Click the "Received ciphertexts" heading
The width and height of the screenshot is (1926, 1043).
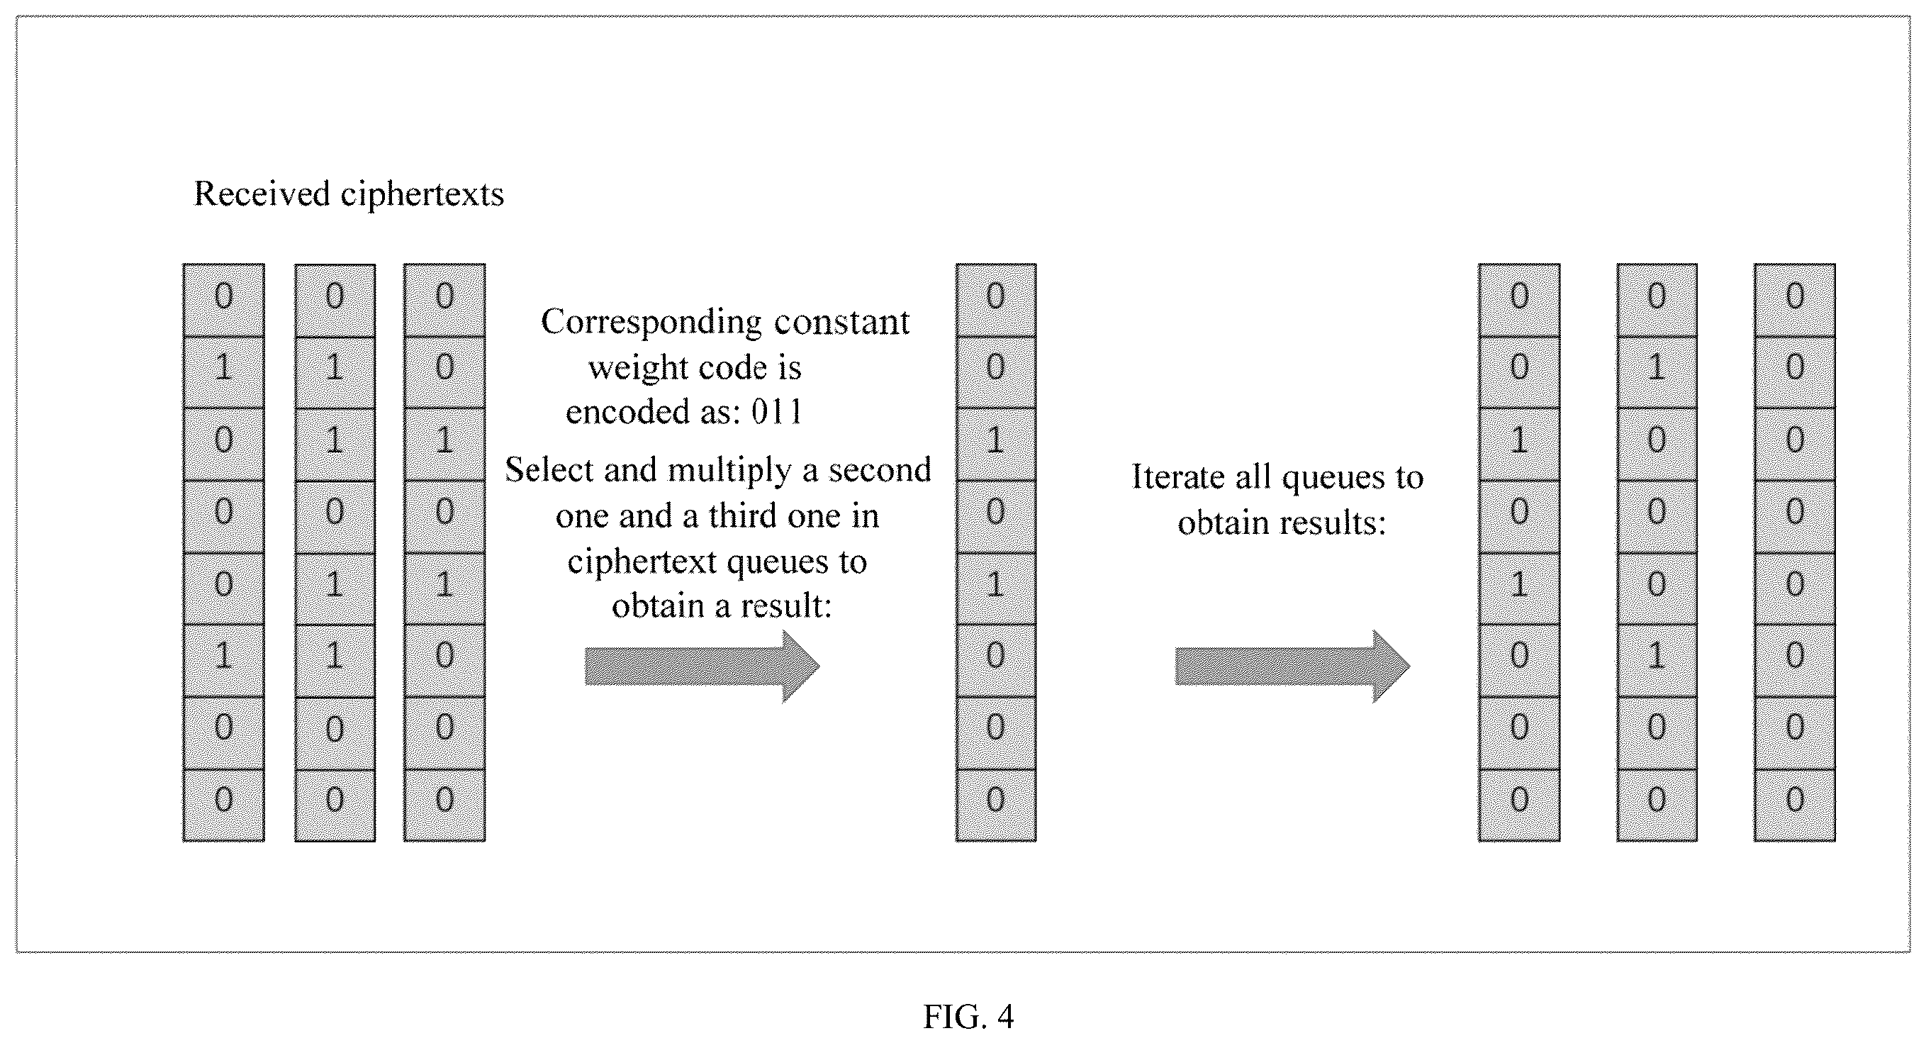coord(349,194)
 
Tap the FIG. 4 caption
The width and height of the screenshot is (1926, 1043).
coord(968,1017)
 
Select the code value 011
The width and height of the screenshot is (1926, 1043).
coord(777,411)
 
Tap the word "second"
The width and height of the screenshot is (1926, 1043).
coord(879,470)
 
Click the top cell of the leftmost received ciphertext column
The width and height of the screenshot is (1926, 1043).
coord(223,300)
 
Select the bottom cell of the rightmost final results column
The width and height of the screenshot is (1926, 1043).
coord(1794,805)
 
